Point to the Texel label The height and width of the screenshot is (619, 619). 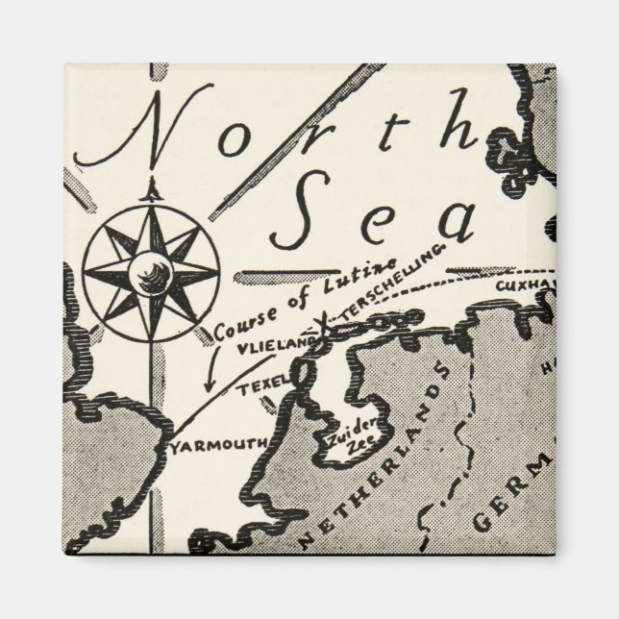258,386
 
